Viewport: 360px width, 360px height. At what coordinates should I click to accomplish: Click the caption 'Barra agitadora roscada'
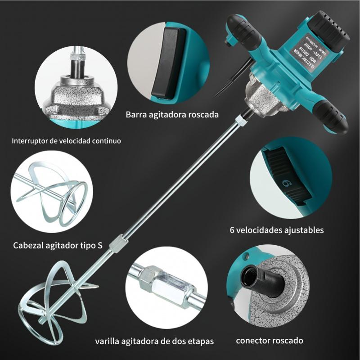click(x=172, y=114)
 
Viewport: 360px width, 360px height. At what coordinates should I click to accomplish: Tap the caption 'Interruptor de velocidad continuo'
click(x=66, y=141)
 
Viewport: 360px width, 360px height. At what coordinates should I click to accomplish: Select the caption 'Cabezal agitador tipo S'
click(x=58, y=246)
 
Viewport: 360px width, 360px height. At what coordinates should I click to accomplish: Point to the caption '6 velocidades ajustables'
click(x=277, y=230)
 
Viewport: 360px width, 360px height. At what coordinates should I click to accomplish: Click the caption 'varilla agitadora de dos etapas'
click(x=154, y=340)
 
